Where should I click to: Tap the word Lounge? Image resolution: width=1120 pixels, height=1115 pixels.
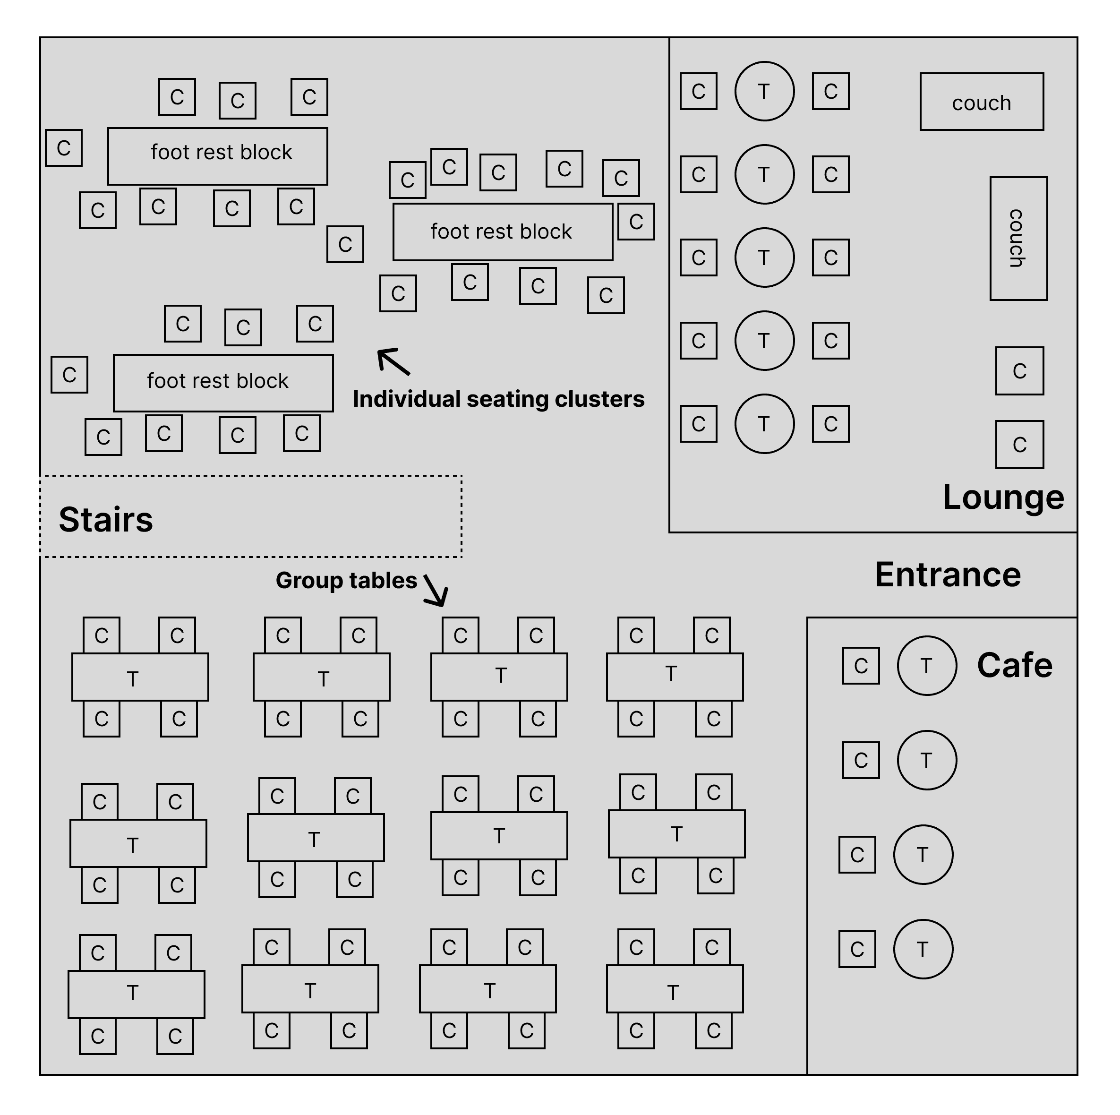click(1003, 497)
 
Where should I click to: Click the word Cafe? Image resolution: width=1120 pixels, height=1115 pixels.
click(1015, 665)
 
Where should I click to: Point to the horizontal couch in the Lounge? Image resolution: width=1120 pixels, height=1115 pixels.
click(982, 102)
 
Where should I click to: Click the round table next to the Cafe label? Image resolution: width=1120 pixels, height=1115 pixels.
click(926, 666)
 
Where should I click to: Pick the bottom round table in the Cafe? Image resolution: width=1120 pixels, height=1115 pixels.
click(923, 949)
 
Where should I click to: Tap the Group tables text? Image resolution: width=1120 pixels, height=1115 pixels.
click(346, 580)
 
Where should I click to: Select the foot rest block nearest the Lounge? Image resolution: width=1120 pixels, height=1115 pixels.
click(502, 232)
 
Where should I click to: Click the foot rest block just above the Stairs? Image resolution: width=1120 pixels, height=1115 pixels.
click(222, 383)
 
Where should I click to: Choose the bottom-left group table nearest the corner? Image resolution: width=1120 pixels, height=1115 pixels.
click(136, 994)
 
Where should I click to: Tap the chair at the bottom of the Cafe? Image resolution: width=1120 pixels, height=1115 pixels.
click(857, 949)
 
